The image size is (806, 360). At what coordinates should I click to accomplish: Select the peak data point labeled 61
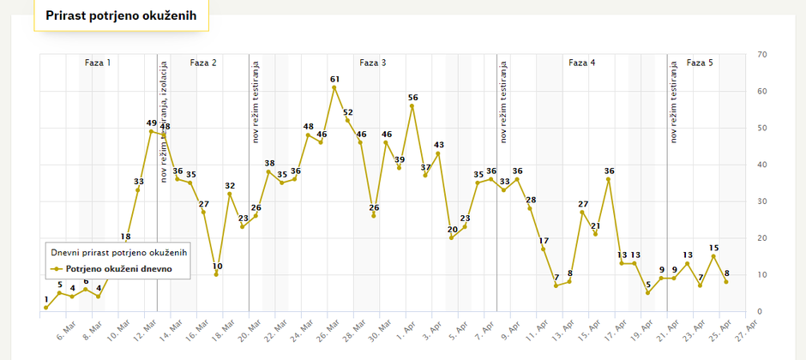pos(334,87)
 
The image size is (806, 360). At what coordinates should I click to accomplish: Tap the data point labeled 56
pos(412,105)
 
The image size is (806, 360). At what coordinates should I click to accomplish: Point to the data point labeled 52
pos(347,120)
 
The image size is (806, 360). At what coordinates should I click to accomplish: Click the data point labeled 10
pos(216,274)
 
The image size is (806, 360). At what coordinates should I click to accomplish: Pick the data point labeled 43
pos(438,153)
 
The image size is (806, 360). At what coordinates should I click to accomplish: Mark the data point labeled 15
pos(713,256)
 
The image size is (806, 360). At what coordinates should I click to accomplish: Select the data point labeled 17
pos(544,249)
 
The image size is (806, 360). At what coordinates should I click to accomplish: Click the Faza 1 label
pos(98,63)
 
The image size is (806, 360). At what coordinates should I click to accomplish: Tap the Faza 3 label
pos(372,63)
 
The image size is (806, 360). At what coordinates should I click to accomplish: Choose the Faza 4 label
pos(582,63)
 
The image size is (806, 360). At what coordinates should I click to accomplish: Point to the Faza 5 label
pos(700,63)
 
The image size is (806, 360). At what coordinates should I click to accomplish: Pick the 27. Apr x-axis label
pos(746,328)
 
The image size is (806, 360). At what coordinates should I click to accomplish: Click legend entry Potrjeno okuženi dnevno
pos(118,268)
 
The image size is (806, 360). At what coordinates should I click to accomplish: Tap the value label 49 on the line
pos(152,123)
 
